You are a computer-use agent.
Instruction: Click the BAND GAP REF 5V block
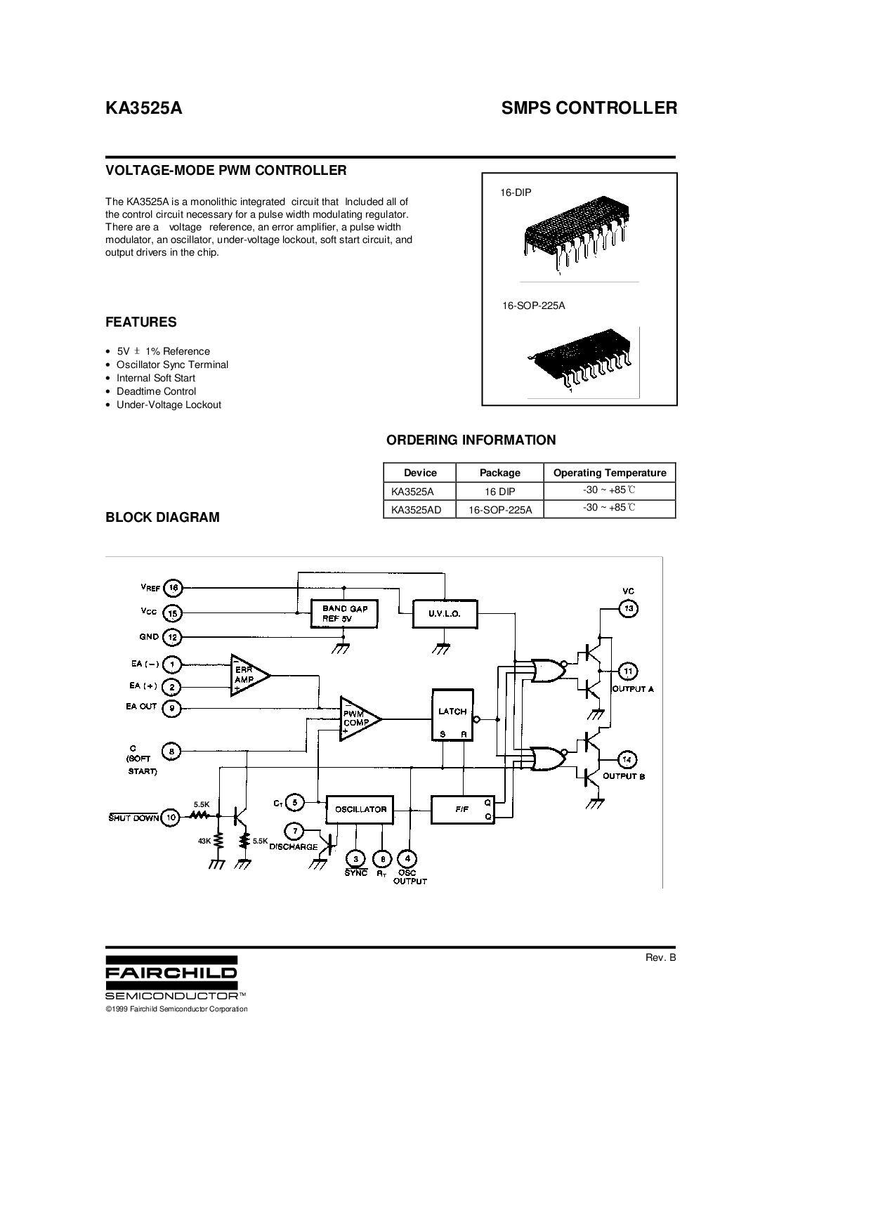click(344, 613)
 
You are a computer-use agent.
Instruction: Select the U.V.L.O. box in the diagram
click(445, 613)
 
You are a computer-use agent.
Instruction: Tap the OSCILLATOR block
click(360, 809)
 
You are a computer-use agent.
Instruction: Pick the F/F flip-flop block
click(462, 809)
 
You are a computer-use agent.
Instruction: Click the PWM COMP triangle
click(357, 719)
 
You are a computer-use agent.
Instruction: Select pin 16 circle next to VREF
click(173, 587)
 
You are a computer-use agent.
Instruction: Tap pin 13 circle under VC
click(629, 608)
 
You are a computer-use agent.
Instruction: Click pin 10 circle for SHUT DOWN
click(171, 817)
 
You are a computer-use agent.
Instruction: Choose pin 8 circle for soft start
click(171, 752)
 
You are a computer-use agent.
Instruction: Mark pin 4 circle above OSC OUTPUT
click(407, 858)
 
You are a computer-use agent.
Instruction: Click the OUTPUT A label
click(632, 689)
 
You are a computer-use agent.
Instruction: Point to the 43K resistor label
click(205, 841)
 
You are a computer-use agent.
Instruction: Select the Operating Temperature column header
click(609, 473)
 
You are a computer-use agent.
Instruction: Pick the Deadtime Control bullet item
click(156, 391)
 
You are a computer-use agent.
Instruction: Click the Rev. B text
click(660, 957)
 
